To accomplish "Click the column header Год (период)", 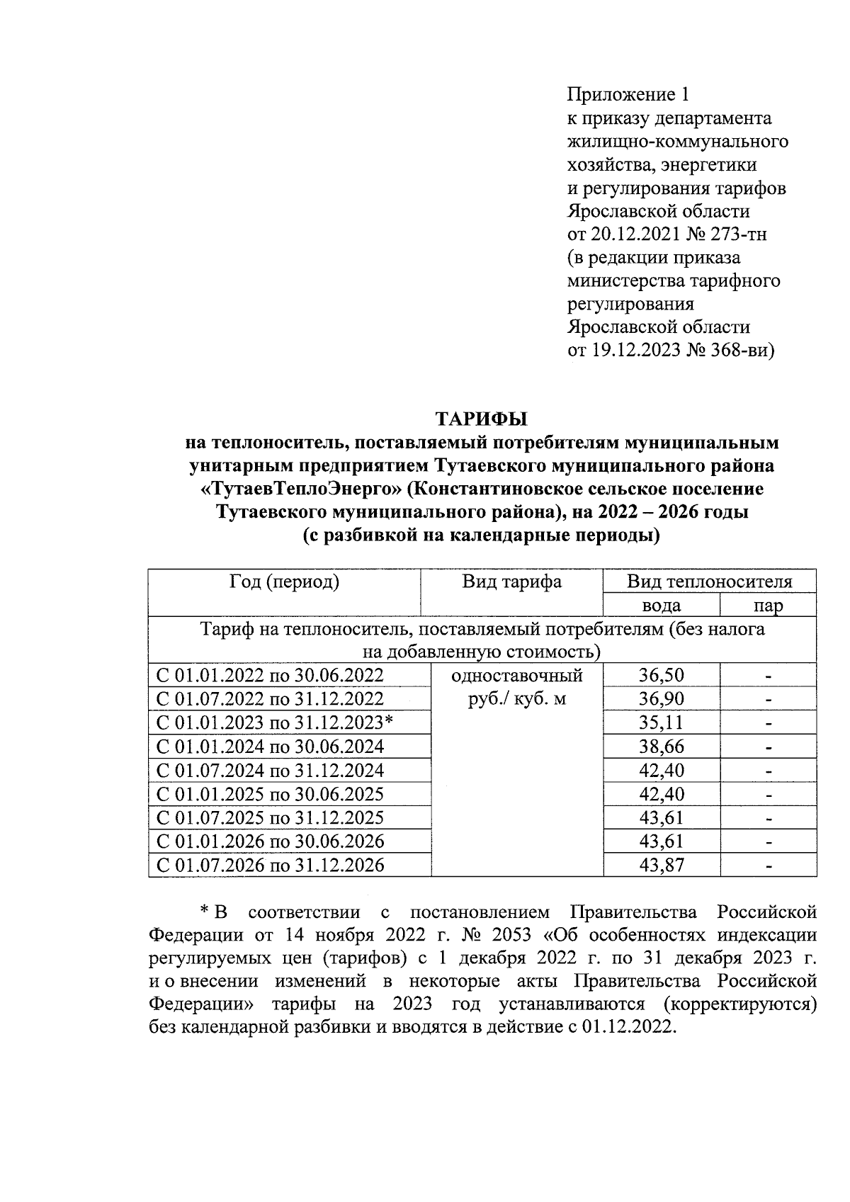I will [x=285, y=582].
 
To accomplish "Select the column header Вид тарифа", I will [x=511, y=582].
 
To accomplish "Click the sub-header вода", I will [x=661, y=606].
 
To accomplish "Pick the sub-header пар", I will [x=768, y=606].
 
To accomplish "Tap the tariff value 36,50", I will [x=661, y=675].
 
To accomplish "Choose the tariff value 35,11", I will [x=661, y=722].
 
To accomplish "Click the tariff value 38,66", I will [x=661, y=747].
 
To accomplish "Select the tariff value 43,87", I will [x=661, y=865].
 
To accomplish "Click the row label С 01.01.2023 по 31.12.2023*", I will [x=275, y=722].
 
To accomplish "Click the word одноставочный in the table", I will [x=517, y=675].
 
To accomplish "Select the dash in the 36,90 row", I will [x=768, y=700].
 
